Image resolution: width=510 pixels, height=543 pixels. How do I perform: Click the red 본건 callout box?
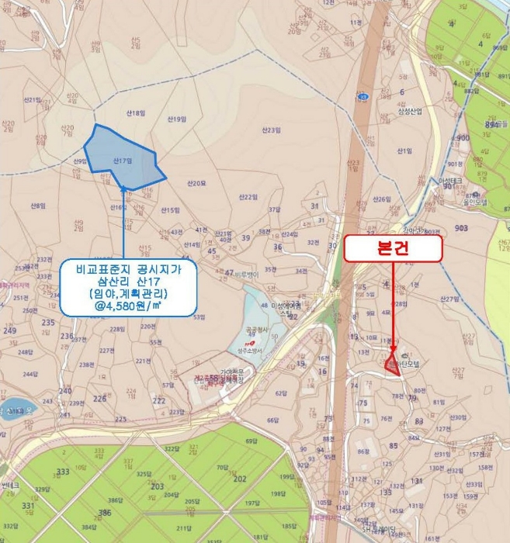(x=394, y=248)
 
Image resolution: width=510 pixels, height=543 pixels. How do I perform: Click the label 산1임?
(x=403, y=150)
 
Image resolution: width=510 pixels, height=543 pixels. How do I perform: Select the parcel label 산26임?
(x=381, y=199)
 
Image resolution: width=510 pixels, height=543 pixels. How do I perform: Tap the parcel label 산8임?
(x=37, y=206)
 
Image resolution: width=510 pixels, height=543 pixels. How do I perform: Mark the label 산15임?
(x=170, y=210)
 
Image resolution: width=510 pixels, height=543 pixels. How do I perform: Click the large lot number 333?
(x=64, y=472)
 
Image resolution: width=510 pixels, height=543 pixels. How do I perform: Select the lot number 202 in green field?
(x=240, y=479)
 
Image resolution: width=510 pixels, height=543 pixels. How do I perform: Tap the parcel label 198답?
(x=278, y=493)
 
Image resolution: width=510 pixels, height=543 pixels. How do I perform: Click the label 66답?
(x=272, y=421)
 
